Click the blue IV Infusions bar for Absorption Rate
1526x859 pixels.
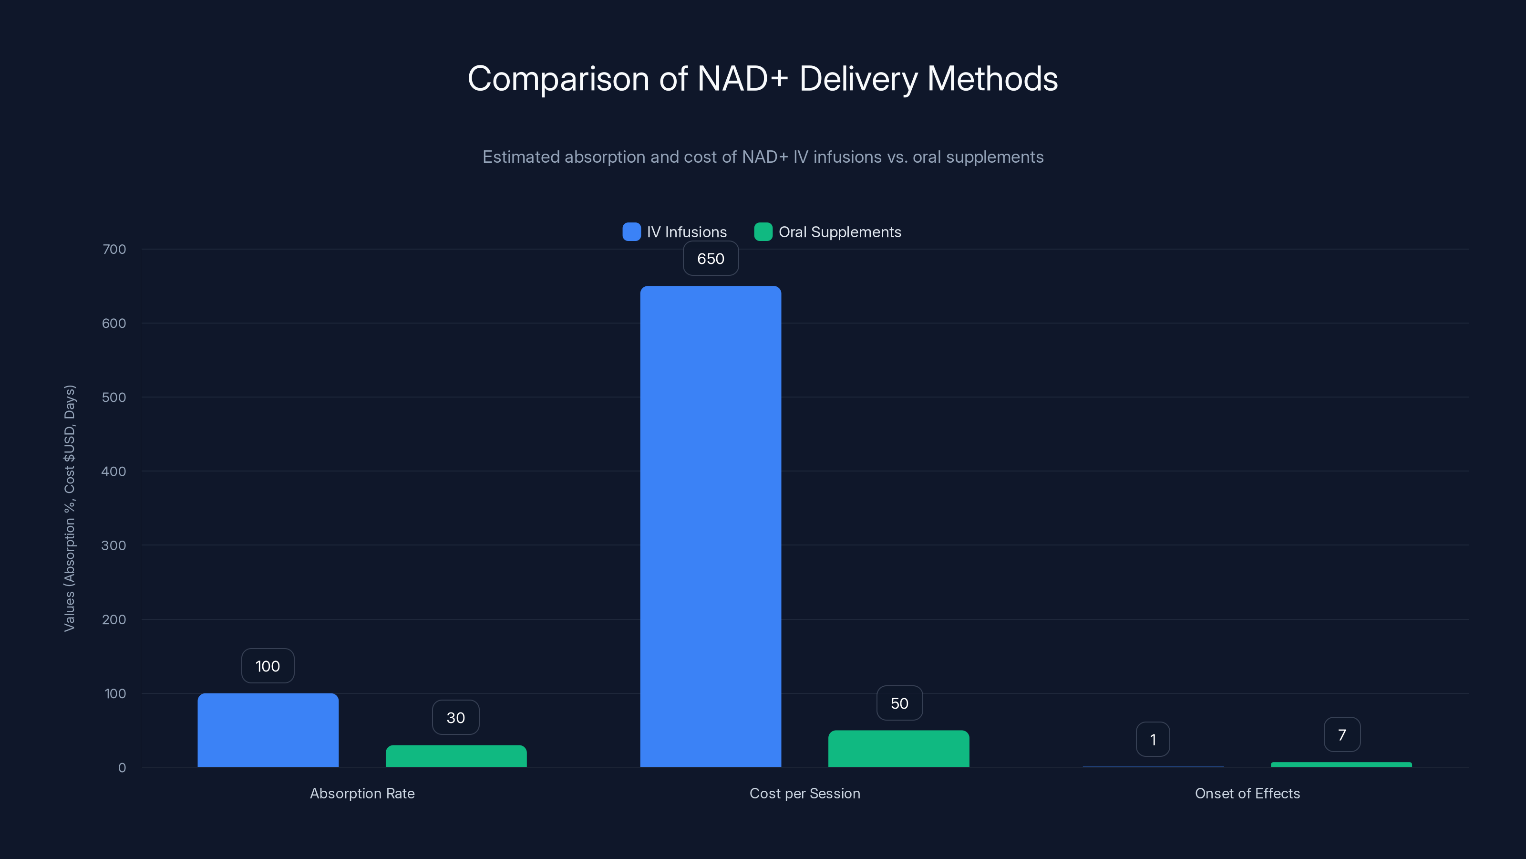click(x=268, y=730)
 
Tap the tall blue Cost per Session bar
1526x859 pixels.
click(x=710, y=526)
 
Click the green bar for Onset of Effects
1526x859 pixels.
click(x=1341, y=764)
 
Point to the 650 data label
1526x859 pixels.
click(x=710, y=259)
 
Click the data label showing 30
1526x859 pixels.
click(x=455, y=717)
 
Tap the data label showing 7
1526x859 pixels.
click(x=1342, y=734)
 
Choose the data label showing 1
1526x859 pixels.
click(x=1153, y=739)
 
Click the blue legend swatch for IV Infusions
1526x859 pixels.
click(x=631, y=232)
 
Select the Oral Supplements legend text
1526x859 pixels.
click(x=839, y=232)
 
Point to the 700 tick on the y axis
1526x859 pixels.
click(x=114, y=249)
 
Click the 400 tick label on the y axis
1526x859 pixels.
click(x=114, y=471)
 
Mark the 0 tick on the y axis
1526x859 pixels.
click(x=122, y=768)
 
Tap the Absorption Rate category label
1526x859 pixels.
click(x=362, y=793)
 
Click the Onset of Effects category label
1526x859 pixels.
click(x=1247, y=793)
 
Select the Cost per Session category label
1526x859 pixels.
click(x=804, y=793)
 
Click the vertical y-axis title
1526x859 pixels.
click(x=70, y=508)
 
